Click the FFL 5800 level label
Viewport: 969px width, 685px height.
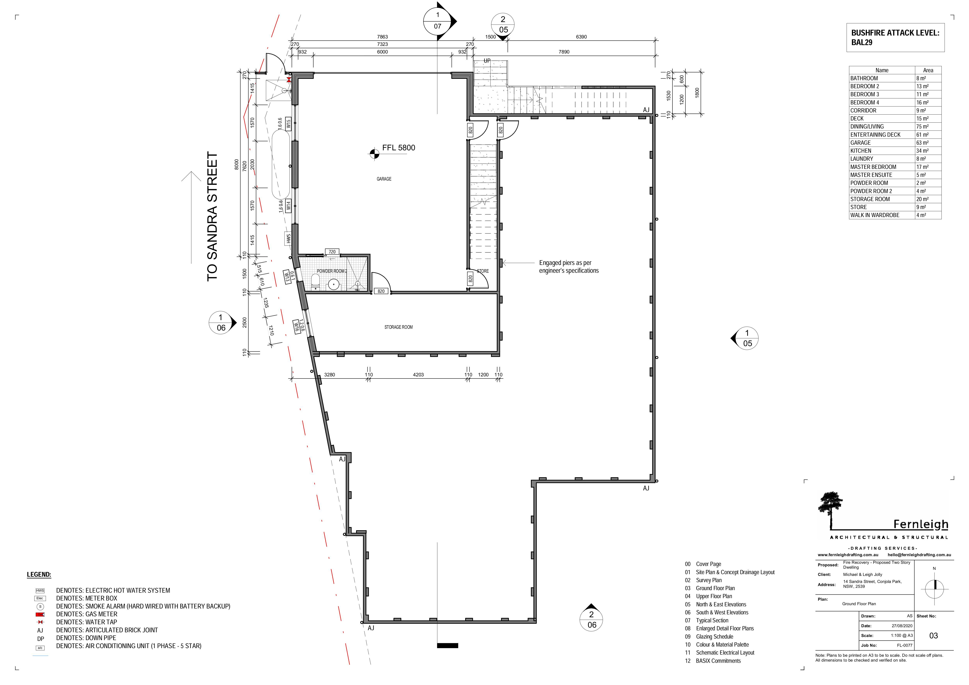pos(398,148)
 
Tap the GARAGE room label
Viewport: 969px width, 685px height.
pos(384,179)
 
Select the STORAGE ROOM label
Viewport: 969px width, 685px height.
pos(398,327)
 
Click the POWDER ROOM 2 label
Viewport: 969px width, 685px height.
pos(332,271)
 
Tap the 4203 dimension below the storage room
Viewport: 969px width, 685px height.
pos(418,375)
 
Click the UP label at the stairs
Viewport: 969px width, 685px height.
pos(487,61)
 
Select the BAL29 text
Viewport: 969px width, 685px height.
pos(862,42)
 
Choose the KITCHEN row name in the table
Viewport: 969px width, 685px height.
pos(861,151)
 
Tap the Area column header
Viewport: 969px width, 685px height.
pos(928,70)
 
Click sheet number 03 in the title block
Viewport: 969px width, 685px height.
pos(933,636)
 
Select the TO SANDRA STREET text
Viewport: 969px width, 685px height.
pos(212,217)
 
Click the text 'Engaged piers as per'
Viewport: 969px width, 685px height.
pos(565,263)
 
